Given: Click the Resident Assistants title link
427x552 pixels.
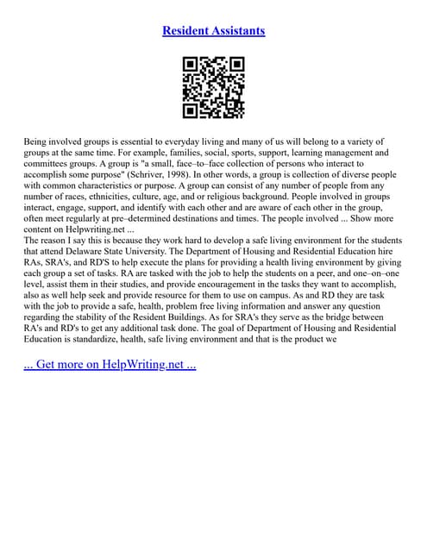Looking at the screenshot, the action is tap(213, 31).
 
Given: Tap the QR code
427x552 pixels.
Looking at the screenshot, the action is tap(213, 87).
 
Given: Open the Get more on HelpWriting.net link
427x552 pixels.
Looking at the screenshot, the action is tap(110, 364).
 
